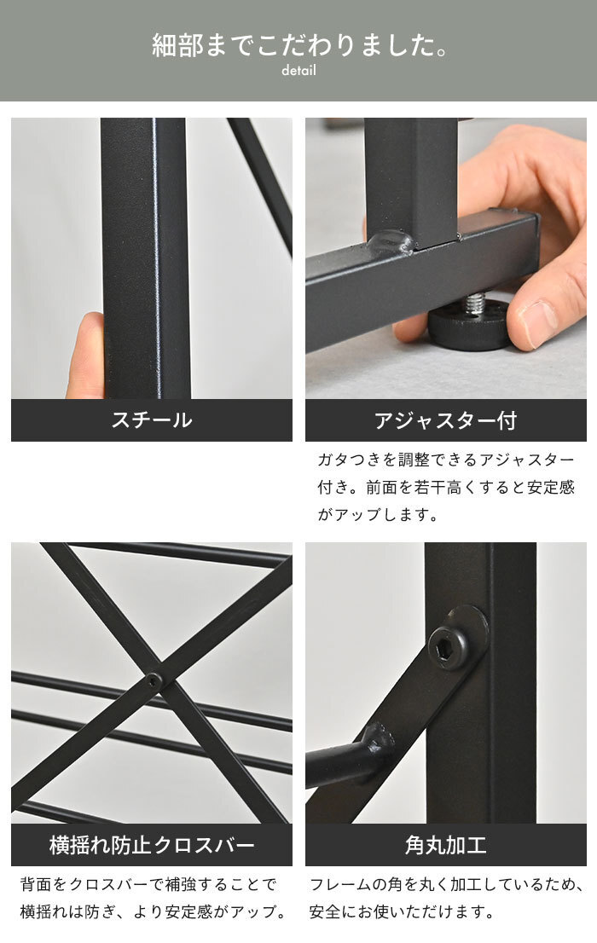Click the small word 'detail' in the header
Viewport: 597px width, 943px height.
point(298,71)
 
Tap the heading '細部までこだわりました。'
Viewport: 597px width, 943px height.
point(299,45)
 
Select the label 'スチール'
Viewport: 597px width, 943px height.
point(152,419)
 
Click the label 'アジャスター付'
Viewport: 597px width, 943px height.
point(445,420)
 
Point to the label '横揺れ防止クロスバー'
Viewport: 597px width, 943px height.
point(152,845)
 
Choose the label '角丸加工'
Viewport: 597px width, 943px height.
point(445,845)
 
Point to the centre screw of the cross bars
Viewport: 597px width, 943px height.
point(154,680)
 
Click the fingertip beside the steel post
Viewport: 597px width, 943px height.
point(86,355)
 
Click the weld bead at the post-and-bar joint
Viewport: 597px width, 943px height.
point(391,242)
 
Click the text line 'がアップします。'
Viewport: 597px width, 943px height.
point(377,515)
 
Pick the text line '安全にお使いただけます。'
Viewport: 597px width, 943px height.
point(402,911)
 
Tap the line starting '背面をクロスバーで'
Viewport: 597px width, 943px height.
point(148,884)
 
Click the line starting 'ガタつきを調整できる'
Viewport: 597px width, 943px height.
point(446,460)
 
